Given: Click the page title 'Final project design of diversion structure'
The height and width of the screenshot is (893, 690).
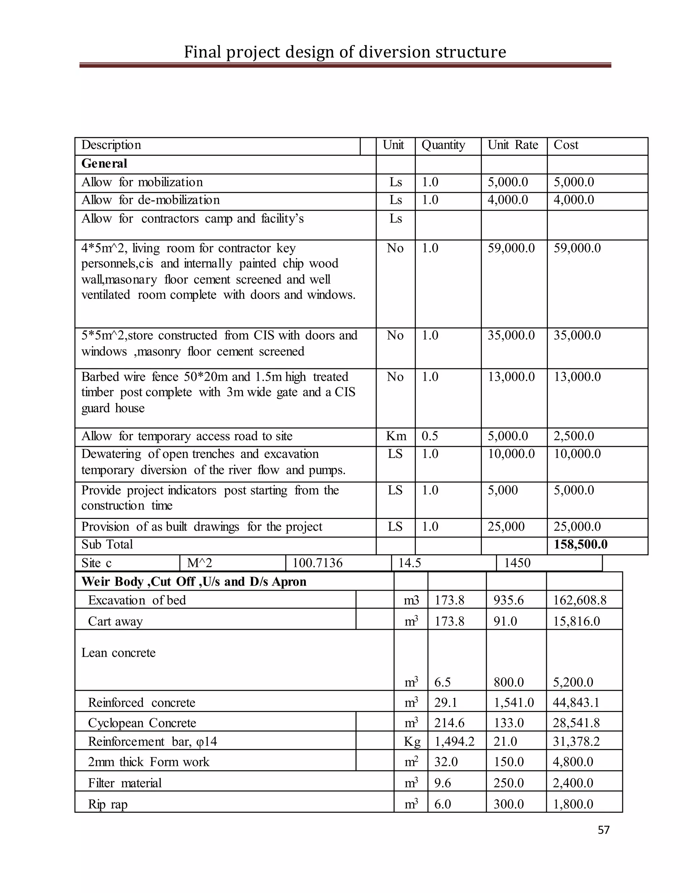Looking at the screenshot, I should click(345, 52).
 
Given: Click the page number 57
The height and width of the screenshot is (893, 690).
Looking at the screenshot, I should click(603, 830).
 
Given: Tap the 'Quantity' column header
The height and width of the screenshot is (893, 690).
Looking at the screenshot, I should click(443, 145).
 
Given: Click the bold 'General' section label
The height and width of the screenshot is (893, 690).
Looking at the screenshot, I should click(104, 163).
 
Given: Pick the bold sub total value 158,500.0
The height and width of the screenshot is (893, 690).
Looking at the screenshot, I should click(581, 545).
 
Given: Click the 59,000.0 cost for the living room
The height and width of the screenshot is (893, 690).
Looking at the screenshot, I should click(577, 248).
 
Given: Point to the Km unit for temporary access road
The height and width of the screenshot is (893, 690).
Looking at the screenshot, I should click(396, 436).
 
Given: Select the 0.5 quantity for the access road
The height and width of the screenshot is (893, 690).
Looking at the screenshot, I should click(430, 436).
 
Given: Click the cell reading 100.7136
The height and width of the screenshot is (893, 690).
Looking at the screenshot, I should click(317, 563).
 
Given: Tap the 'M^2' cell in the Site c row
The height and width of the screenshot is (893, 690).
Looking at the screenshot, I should click(199, 563).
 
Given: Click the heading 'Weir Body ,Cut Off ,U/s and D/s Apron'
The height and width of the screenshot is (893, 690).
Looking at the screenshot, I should click(194, 582).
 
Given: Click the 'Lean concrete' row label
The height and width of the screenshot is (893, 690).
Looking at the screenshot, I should click(119, 653).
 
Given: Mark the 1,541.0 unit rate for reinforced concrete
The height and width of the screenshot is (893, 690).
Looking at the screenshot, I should click(513, 703).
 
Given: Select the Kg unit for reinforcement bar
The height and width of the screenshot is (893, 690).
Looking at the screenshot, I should click(412, 741).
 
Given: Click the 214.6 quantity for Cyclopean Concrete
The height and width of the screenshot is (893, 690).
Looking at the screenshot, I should click(449, 723).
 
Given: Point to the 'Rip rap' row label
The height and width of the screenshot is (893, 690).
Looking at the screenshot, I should click(108, 804).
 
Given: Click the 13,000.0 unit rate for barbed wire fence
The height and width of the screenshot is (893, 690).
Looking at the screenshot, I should click(511, 377).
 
